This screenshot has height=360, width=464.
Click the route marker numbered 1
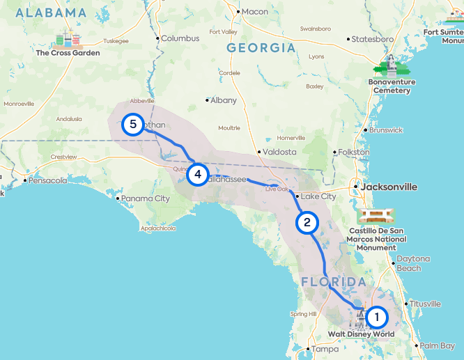coord(377,318)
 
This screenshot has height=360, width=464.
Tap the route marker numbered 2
coord(307,223)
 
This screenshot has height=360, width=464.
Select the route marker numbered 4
coord(198,174)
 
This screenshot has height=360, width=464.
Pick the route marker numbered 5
coord(132,125)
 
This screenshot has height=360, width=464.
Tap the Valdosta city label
coord(278,151)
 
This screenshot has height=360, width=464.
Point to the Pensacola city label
coord(49,180)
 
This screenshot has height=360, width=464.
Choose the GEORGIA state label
coord(261,48)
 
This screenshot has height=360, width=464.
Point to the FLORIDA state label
coord(334,281)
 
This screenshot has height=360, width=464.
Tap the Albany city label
coord(223,100)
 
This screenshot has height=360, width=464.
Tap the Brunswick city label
coord(386,130)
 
